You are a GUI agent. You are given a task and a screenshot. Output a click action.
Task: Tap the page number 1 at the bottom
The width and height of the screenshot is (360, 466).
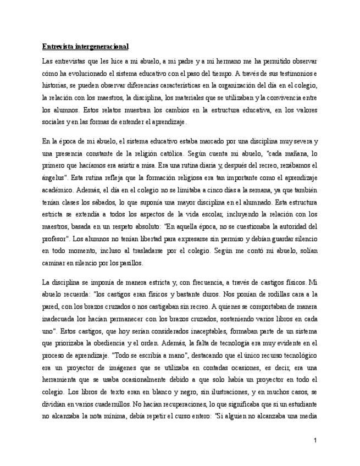pos(315,440)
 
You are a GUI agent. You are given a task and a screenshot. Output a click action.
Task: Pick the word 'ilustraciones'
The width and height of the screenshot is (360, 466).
pos(190,391)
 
